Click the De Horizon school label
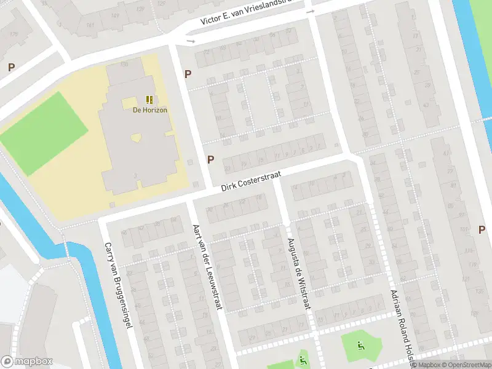click(150, 110)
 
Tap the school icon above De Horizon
click(150, 99)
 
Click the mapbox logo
click(27, 362)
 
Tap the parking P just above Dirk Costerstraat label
click(211, 160)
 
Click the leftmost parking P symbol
click(11, 68)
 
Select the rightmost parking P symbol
click(482, 230)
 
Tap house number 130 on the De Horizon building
click(124, 64)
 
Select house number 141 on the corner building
click(90, 25)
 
